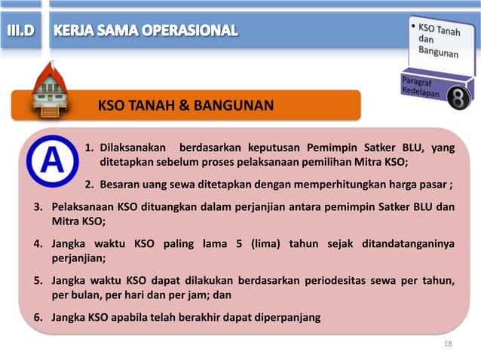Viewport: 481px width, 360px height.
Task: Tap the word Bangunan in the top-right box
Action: (439, 53)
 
